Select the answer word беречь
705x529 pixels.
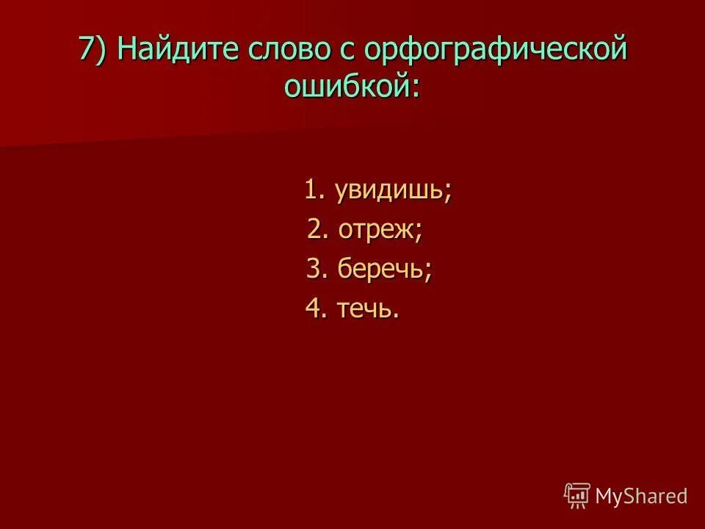[379, 270]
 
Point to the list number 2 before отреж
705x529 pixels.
[316, 231]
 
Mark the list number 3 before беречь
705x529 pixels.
[314, 270]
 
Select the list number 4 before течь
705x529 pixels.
[314, 309]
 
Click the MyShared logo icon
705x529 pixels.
[576, 496]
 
